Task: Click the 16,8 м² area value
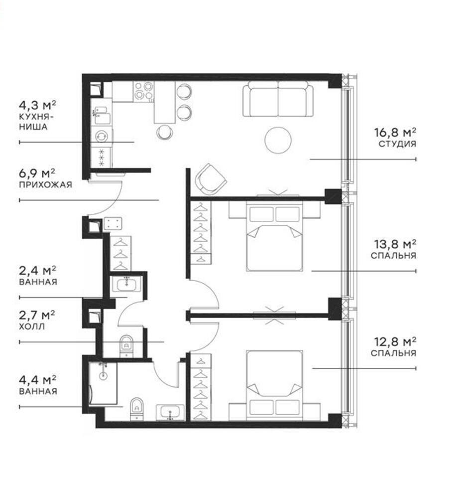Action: (395, 133)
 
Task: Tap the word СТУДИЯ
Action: (397, 144)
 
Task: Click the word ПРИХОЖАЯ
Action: (46, 184)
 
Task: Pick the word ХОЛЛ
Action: (32, 326)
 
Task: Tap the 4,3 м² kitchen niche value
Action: (38, 106)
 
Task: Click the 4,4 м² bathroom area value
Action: (38, 380)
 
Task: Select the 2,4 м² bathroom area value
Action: (38, 271)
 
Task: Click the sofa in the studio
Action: (278, 99)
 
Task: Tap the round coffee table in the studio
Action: (278, 140)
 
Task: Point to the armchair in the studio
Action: (211, 178)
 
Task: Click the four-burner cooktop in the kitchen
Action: (144, 92)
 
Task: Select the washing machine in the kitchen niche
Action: (102, 136)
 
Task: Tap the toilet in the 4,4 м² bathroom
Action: (136, 409)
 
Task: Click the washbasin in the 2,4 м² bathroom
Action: (126, 284)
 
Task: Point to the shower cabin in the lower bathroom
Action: (102, 383)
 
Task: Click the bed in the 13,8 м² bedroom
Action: (274, 236)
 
